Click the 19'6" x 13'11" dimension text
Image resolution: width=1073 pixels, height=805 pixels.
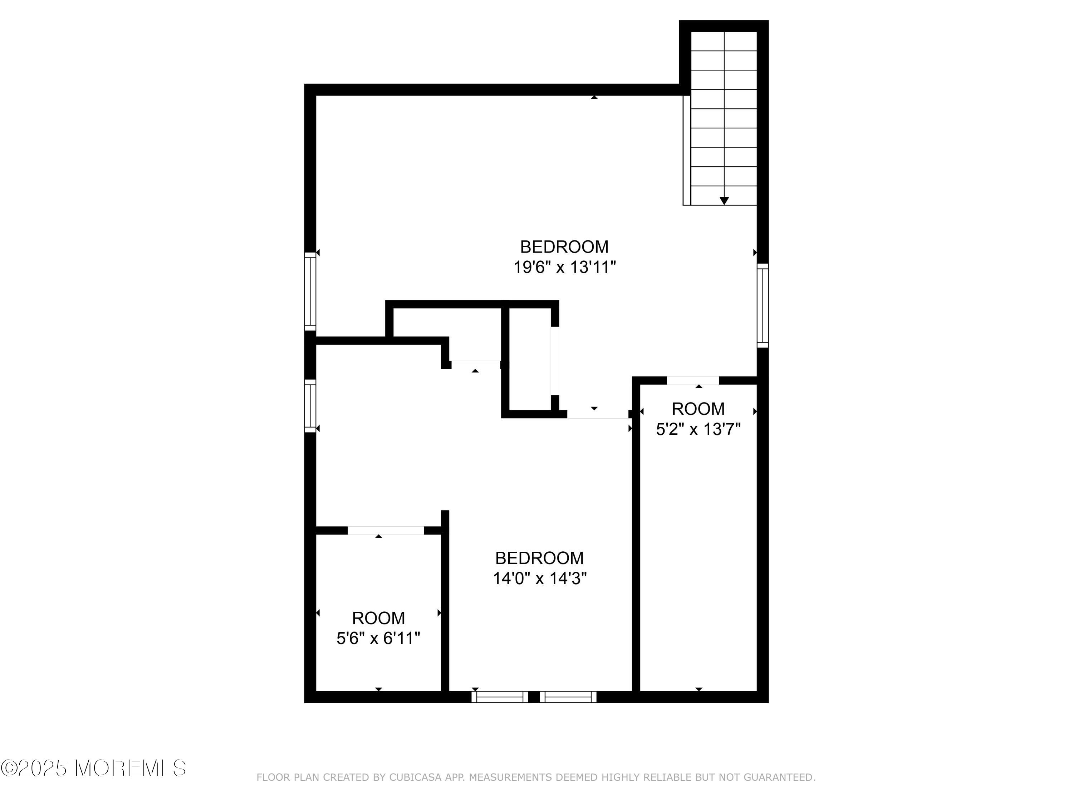[x=565, y=267]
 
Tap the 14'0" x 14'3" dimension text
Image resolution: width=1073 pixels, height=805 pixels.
[x=540, y=579]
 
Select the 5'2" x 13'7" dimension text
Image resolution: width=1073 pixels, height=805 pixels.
[x=698, y=429]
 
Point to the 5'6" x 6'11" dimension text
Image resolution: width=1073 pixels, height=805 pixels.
[x=378, y=638]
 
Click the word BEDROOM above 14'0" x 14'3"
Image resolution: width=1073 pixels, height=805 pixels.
[x=539, y=558]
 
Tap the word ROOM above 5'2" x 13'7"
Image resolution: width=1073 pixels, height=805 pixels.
[x=698, y=409]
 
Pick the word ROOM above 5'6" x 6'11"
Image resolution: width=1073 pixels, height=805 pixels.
[x=378, y=618]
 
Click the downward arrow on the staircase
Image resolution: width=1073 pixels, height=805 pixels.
[x=724, y=201]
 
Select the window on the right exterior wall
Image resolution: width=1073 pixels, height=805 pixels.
[x=763, y=305]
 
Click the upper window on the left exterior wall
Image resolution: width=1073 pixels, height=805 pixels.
[x=310, y=291]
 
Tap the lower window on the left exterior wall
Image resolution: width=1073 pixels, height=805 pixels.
[x=310, y=406]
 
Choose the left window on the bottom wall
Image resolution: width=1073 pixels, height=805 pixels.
[x=500, y=697]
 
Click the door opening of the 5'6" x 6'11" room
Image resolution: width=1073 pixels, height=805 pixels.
[x=386, y=530]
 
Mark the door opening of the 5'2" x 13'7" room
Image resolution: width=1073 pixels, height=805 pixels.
[x=693, y=380]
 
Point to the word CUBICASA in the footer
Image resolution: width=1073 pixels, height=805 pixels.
[x=415, y=778]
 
